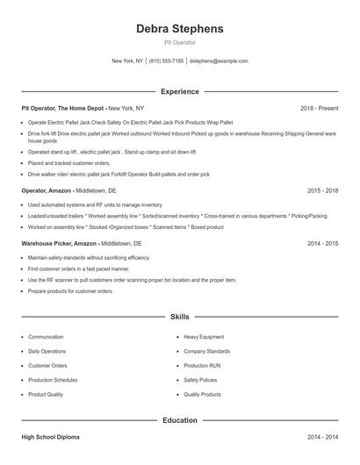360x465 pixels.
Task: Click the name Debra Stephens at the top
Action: click(179, 28)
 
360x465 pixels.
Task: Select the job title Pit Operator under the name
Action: click(179, 42)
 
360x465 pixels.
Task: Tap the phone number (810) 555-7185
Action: click(166, 61)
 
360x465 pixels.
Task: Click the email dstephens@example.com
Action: click(219, 61)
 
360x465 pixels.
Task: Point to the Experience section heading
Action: click(179, 91)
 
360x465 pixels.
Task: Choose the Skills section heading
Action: click(179, 316)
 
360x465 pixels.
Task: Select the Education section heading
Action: click(179, 420)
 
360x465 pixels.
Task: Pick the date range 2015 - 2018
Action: click(322, 190)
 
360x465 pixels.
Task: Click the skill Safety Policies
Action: click(201, 381)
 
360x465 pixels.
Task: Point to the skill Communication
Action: click(46, 337)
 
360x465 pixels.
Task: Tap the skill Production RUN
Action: click(202, 366)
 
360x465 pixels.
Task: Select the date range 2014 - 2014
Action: click(322, 436)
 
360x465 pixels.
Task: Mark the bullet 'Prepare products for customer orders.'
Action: click(70, 290)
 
